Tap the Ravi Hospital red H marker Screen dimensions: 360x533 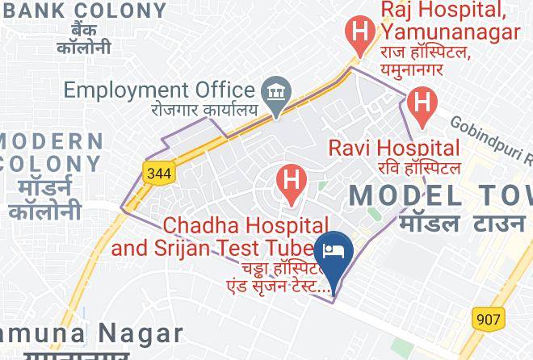coord(420,103)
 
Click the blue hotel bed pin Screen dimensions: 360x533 coord(334,250)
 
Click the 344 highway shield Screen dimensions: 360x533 coord(159,171)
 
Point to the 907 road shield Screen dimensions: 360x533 coord(488,319)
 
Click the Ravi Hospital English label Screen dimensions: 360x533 coord(393,148)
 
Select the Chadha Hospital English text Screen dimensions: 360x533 coord(220,236)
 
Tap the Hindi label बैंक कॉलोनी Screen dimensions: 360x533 coord(83,39)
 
